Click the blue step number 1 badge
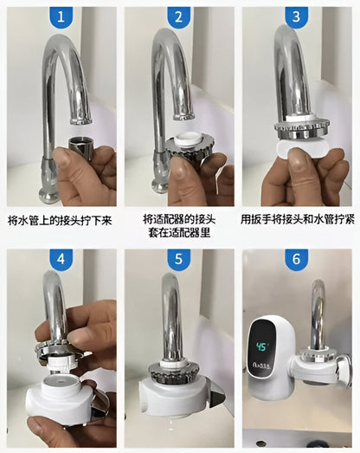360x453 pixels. [61, 16]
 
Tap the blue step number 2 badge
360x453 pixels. [178, 16]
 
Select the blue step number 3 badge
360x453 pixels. [297, 16]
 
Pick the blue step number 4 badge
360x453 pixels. [61, 259]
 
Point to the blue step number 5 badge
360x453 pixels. [178, 259]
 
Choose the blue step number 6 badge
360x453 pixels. [297, 259]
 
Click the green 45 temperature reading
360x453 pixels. [262, 347]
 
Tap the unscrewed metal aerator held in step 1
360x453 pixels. [80, 148]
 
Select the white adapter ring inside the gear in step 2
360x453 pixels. [187, 139]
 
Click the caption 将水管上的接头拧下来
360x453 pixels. [60, 221]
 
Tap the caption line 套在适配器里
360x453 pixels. [179, 232]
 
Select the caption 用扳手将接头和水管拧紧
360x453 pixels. [298, 219]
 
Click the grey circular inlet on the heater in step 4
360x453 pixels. [61, 383]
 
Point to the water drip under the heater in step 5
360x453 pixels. [170, 424]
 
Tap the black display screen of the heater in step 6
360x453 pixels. [262, 350]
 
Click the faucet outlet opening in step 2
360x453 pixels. [183, 117]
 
